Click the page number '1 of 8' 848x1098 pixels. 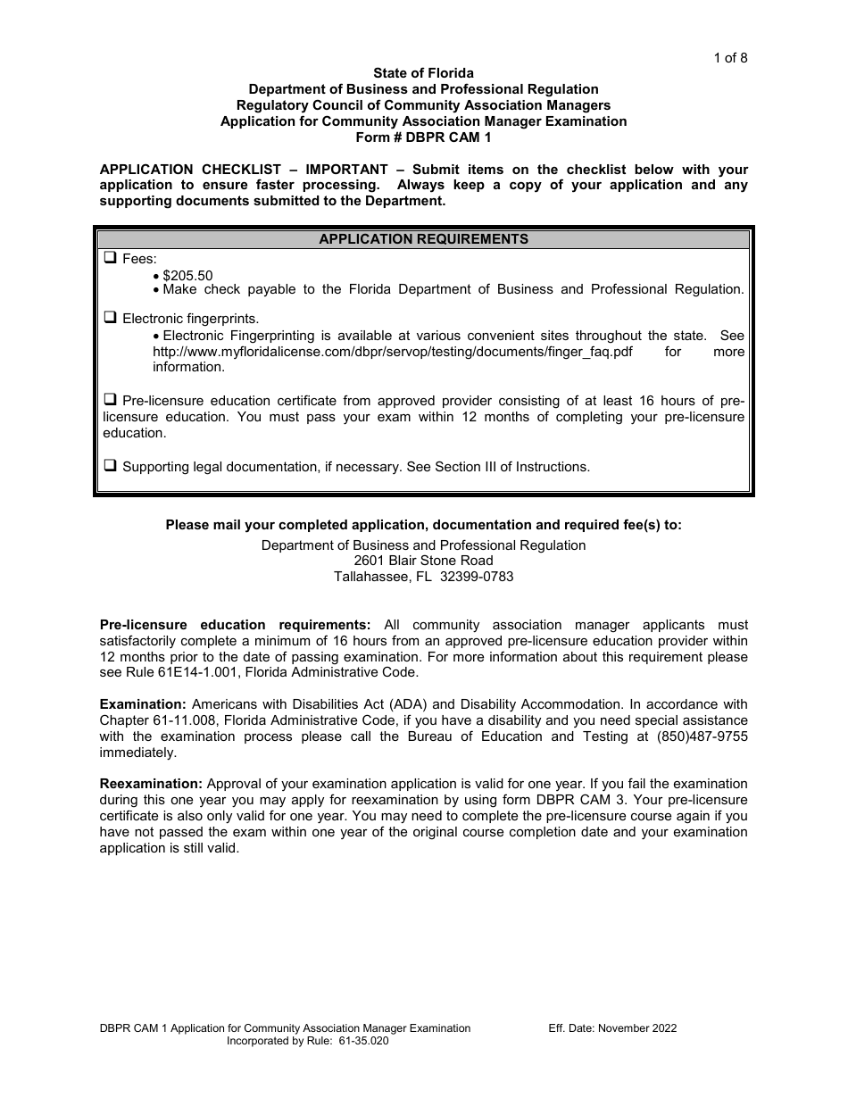pyautogui.click(x=730, y=58)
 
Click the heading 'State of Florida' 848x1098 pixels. pyautogui.click(x=423, y=73)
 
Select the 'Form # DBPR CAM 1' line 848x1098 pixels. pyautogui.click(x=423, y=137)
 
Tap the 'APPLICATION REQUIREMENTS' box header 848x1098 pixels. pyautogui.click(x=423, y=239)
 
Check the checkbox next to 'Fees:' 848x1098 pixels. pyautogui.click(x=111, y=259)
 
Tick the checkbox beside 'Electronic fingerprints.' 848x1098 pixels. pyautogui.click(x=111, y=318)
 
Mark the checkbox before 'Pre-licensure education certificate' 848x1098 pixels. pyautogui.click(x=111, y=400)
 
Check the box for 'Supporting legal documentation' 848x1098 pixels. pyautogui.click(x=111, y=466)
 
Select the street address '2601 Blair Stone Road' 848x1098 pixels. pyautogui.click(x=423, y=561)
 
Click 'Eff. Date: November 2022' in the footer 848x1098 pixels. pyautogui.click(x=612, y=1028)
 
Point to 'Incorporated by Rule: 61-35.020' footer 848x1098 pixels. pyautogui.click(x=308, y=1041)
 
